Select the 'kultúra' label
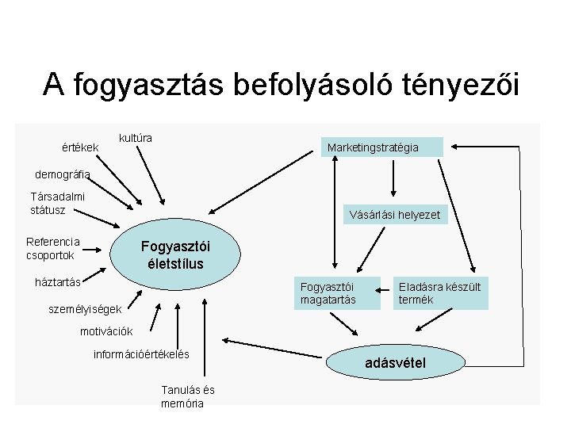point(135,138)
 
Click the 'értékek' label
point(79,147)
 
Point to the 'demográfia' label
point(63,174)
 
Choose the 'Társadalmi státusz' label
point(57,204)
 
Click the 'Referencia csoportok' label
point(53,248)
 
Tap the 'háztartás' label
point(58,281)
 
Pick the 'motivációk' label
point(106,331)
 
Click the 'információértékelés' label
point(141,354)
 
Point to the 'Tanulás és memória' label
point(187,396)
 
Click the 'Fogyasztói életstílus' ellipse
point(174,254)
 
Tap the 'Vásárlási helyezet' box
point(394,215)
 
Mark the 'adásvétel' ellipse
point(395,363)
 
